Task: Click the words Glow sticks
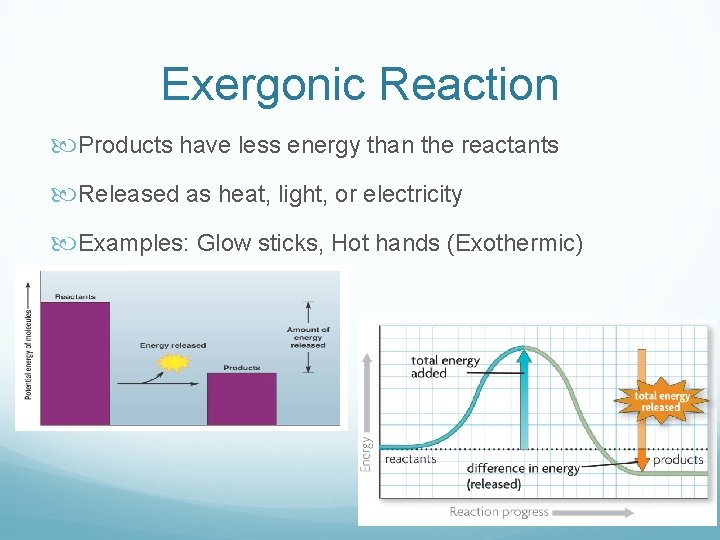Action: click(x=259, y=243)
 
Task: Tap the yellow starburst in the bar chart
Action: click(x=174, y=363)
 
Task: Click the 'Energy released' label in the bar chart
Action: click(x=173, y=346)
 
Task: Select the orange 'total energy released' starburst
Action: click(x=661, y=401)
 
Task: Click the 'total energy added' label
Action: click(x=445, y=367)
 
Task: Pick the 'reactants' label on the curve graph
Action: click(x=410, y=460)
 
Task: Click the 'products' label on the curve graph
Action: click(x=678, y=460)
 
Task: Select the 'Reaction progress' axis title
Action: click(x=500, y=512)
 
